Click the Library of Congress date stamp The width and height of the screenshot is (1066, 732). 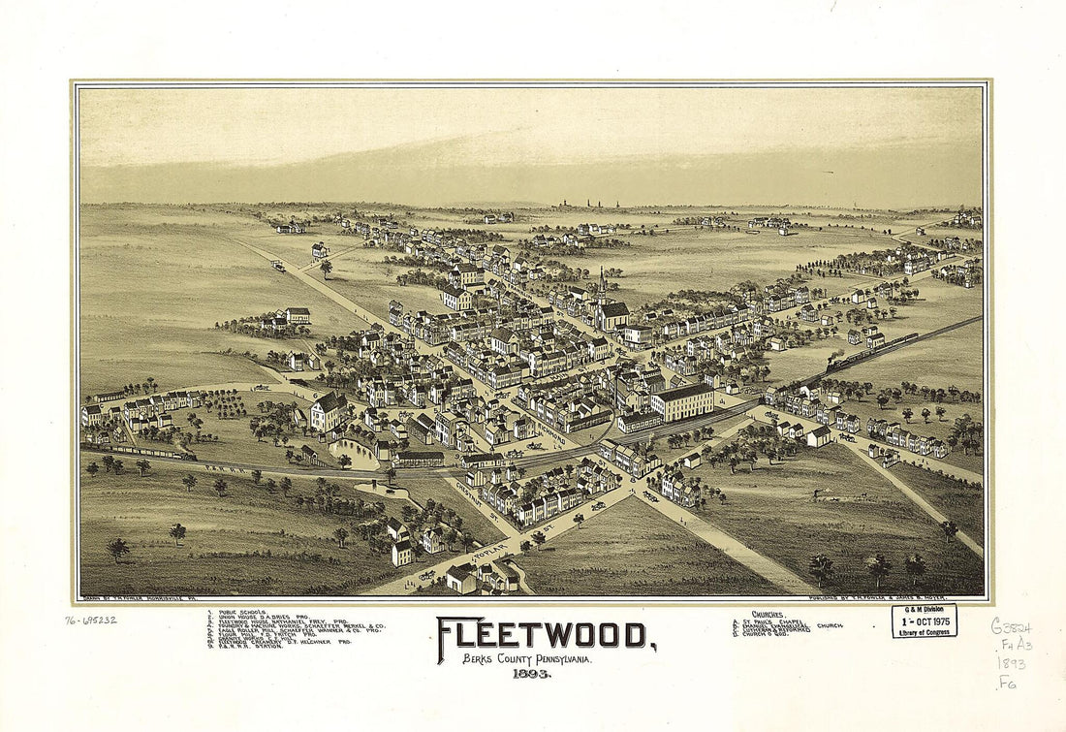pos(924,621)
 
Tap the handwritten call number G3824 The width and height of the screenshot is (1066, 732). pos(1011,626)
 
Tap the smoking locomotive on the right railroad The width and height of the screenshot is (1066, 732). pos(835,365)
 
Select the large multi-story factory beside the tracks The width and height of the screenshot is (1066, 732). pos(682,400)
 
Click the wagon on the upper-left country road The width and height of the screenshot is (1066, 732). pos(278,265)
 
